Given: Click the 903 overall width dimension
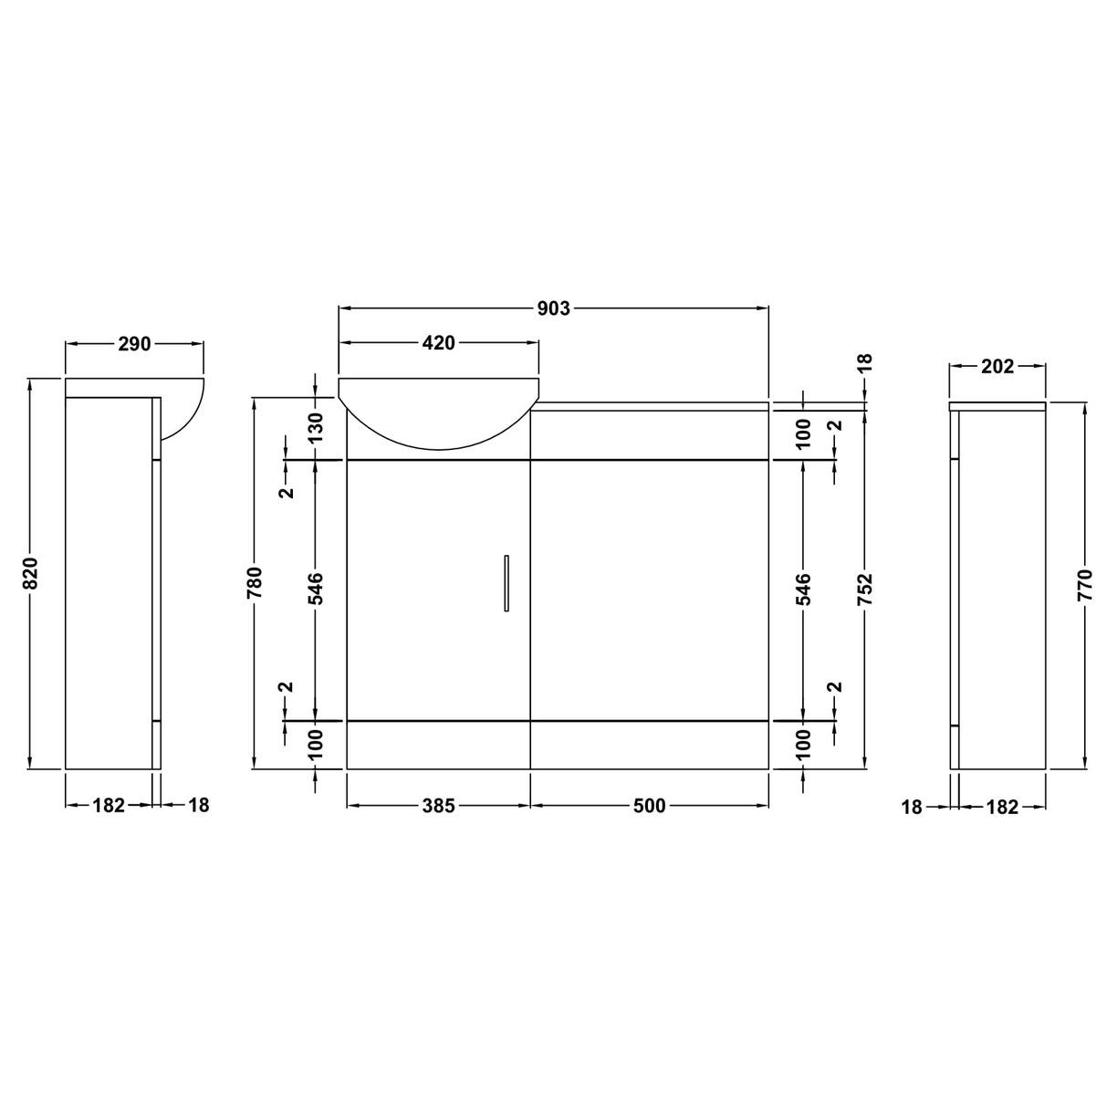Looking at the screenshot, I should pos(553,308).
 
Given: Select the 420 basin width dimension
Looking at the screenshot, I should pos(438,343).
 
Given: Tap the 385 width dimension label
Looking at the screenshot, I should pos(438,806).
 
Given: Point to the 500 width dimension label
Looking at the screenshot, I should pos(649,806).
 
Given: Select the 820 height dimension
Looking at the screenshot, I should pos(29,573).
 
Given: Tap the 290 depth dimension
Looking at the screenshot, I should pos(134,344).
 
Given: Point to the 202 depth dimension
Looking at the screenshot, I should pos(997,366).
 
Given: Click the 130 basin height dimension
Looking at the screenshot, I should pos(315,427).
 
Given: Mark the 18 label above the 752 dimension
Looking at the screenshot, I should pos(865,362).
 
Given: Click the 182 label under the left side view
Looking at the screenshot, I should pos(109,806).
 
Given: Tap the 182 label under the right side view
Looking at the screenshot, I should pos(1002,807).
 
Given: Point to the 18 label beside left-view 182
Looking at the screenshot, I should pos(198,806).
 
